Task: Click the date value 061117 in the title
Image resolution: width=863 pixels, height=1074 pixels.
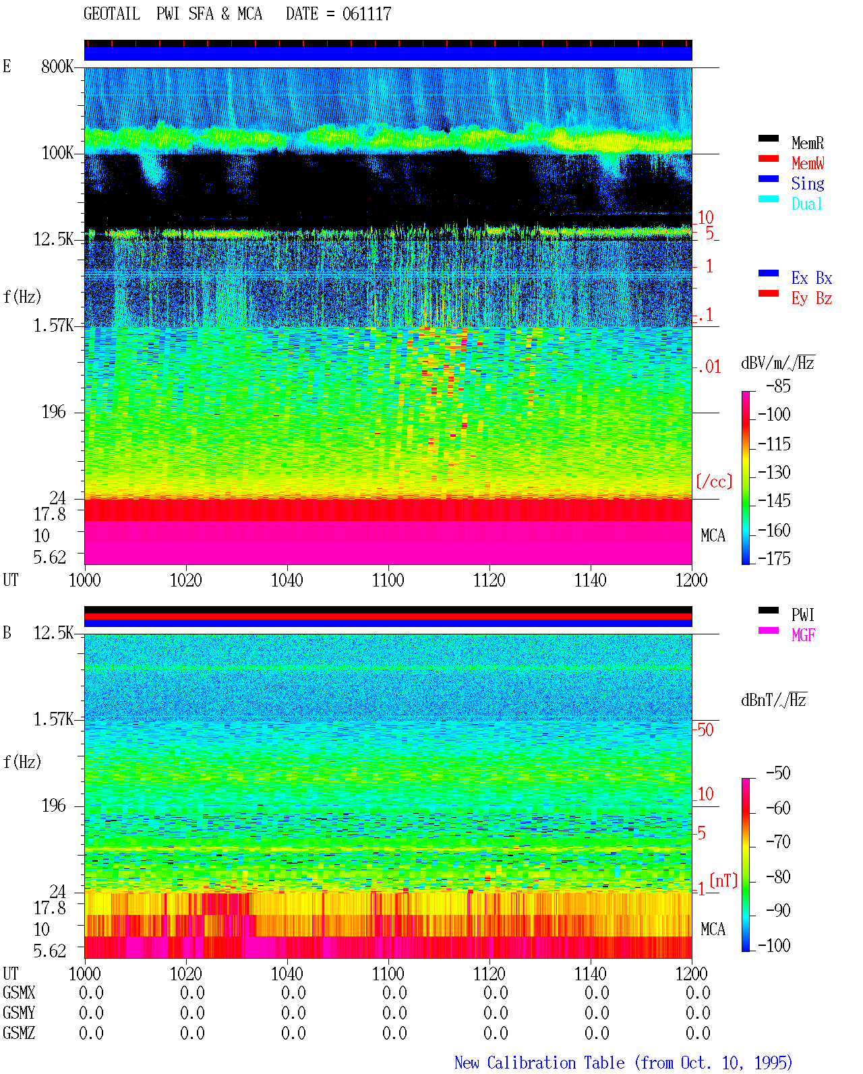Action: (366, 14)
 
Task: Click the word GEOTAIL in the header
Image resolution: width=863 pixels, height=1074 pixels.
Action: (112, 14)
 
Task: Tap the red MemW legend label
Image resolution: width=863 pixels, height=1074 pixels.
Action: (807, 163)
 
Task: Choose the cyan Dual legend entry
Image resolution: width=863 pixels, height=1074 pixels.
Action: (806, 204)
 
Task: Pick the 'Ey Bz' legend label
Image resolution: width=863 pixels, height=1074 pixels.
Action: (811, 298)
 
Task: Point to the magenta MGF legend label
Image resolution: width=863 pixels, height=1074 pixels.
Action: (803, 635)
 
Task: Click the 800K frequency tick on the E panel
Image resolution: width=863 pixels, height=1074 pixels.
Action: (57, 66)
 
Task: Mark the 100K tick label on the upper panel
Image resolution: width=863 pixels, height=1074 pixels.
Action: (57, 153)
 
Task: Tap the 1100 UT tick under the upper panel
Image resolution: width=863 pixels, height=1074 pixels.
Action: (388, 580)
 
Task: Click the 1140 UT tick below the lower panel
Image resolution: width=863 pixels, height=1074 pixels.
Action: (590, 974)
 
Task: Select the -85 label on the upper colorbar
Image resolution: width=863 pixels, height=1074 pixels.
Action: (777, 386)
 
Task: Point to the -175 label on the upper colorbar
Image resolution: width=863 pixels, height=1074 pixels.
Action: (773, 558)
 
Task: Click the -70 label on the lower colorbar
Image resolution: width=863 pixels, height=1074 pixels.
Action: (777, 842)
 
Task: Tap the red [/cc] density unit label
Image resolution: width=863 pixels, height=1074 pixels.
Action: (714, 481)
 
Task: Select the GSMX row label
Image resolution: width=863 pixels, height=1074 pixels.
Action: (19, 992)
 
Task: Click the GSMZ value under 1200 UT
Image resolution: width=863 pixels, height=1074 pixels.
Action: (698, 1033)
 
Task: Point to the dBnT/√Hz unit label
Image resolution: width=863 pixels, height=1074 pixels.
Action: (773, 700)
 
